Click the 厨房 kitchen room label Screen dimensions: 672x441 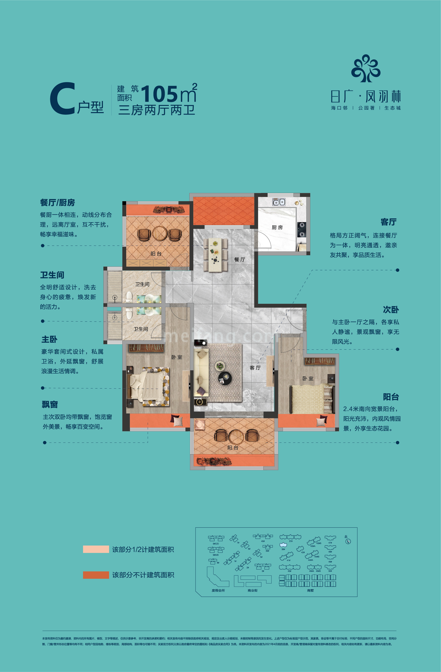point(277,227)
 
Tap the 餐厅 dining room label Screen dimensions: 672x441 point(239,260)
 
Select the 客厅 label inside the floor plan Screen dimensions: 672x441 point(255,368)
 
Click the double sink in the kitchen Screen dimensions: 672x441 point(279,202)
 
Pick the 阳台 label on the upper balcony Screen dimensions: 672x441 point(156,254)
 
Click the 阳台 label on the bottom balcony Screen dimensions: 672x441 point(233,448)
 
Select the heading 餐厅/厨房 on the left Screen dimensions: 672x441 point(57,202)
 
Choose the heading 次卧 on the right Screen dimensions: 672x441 point(391,310)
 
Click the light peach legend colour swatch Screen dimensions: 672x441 point(96,549)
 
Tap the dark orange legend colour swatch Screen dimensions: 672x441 point(96,575)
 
